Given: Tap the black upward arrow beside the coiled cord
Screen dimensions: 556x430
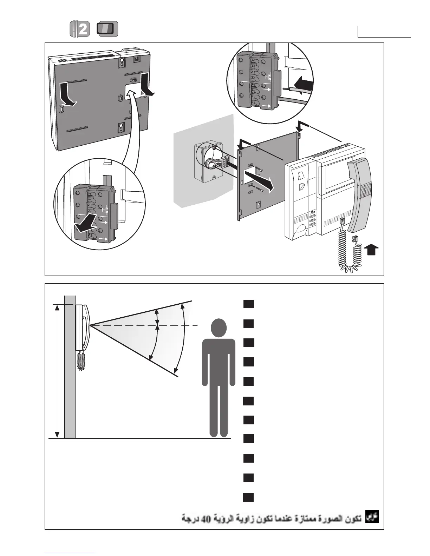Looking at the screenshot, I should [x=372, y=251].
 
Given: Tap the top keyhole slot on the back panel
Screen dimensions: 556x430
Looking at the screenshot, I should [x=122, y=61].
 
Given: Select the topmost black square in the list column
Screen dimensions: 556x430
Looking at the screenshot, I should [x=248, y=304].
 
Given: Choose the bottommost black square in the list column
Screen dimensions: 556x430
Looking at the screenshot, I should [x=248, y=497].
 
